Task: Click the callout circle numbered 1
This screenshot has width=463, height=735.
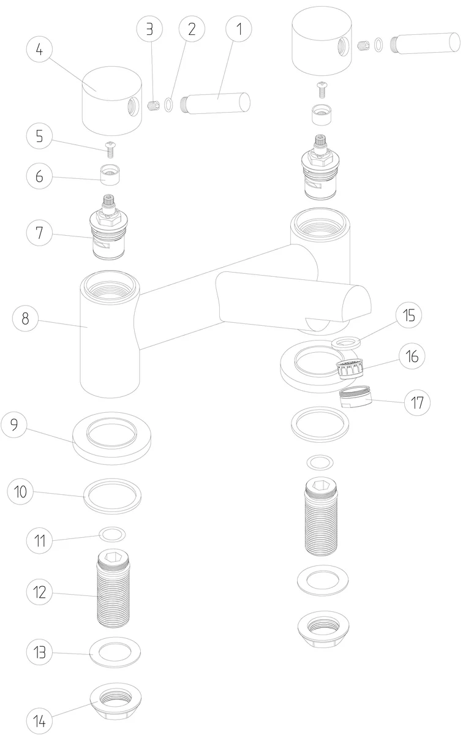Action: click(x=239, y=29)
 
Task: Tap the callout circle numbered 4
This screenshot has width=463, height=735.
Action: click(x=39, y=50)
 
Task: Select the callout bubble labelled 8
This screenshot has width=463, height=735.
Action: click(x=25, y=318)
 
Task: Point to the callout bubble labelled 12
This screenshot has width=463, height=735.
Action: click(x=39, y=592)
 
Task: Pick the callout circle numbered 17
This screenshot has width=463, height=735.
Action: click(x=417, y=402)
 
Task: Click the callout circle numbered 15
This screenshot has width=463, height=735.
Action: click(x=408, y=315)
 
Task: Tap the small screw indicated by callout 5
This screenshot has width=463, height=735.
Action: click(x=111, y=149)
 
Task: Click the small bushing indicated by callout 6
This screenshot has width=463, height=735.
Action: click(x=110, y=175)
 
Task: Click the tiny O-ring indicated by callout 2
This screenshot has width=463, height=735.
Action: click(x=168, y=104)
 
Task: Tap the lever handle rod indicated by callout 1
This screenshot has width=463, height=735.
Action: click(x=215, y=103)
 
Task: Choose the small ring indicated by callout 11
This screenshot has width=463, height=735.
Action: click(x=112, y=535)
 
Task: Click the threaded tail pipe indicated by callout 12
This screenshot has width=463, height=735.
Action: click(x=113, y=589)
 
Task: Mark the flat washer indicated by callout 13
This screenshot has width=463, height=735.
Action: click(x=115, y=652)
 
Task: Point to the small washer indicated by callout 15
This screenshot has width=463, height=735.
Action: click(x=346, y=343)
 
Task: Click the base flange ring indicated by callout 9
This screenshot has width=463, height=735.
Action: click(x=112, y=439)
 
